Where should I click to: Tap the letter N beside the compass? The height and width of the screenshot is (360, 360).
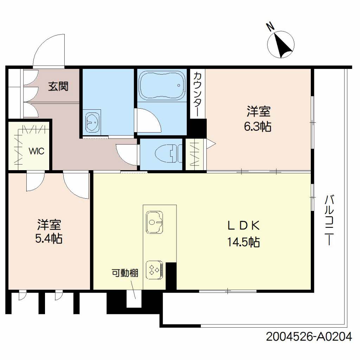(270, 27)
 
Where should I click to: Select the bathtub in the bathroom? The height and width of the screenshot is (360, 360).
(162, 85)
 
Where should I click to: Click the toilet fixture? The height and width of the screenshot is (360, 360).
(168, 153)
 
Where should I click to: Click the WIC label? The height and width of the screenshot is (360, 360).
(37, 151)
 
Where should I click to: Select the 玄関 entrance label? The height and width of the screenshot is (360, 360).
(58, 86)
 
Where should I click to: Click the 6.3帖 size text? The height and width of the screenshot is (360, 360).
(258, 127)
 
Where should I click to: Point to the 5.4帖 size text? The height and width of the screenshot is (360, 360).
(49, 239)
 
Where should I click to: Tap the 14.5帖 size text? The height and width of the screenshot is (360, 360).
(244, 242)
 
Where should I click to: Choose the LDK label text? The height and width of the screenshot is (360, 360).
(244, 225)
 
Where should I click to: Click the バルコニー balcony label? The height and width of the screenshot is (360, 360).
(329, 220)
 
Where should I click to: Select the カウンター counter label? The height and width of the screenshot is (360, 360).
(198, 94)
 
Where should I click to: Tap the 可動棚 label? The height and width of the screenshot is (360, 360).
(125, 273)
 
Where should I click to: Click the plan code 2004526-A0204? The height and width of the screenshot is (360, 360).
(309, 337)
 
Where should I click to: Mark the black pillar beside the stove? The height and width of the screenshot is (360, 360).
(171, 276)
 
